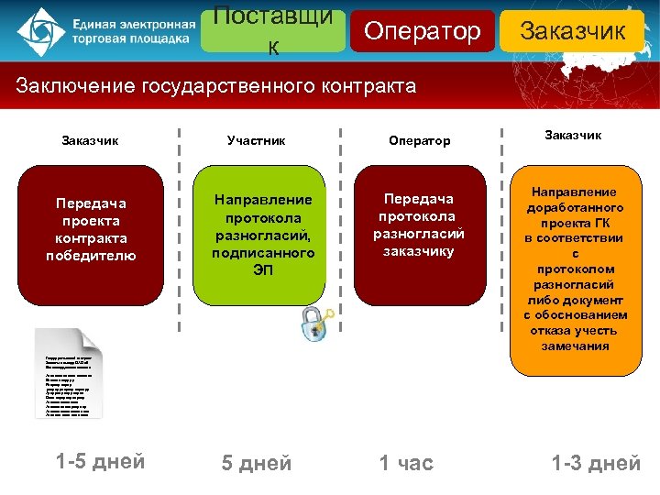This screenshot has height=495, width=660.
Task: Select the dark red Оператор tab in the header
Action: point(422,31)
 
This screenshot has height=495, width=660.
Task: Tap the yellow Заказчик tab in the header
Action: point(572,31)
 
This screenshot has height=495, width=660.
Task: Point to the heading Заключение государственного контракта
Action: point(216,87)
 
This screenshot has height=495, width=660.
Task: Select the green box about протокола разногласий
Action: point(262,236)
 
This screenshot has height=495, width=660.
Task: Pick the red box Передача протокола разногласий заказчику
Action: point(420,236)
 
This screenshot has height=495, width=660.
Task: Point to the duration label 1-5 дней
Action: point(100,461)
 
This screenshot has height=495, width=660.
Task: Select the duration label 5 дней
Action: point(257,464)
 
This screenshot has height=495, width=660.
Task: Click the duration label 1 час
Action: point(407,464)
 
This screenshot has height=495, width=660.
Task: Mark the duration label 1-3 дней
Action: point(596,464)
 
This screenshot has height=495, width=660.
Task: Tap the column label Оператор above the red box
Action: point(420,141)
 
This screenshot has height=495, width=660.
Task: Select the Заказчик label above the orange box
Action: point(574,136)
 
